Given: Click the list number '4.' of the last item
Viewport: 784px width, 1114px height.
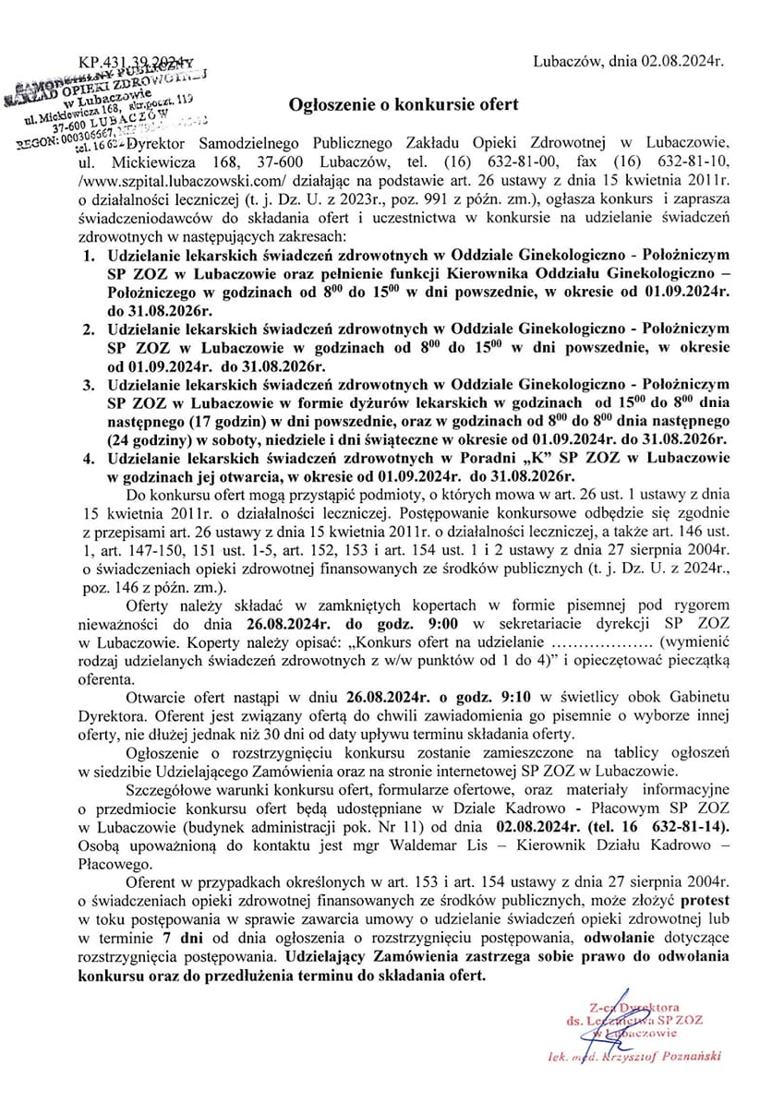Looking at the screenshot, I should coord(89,458).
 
